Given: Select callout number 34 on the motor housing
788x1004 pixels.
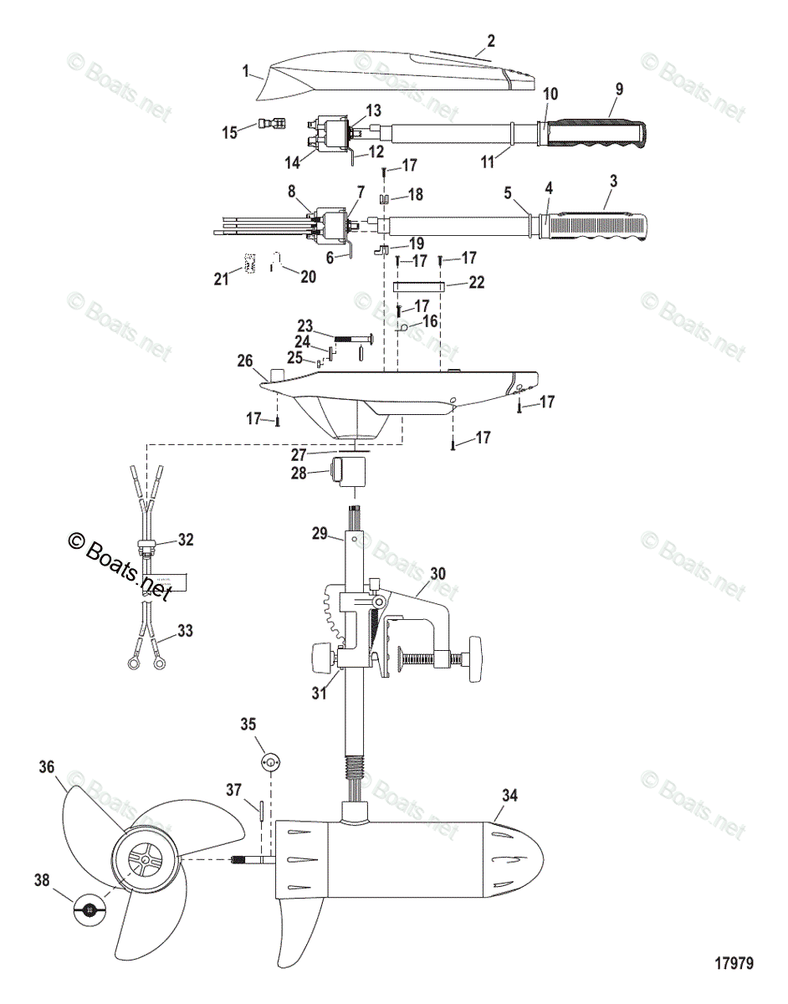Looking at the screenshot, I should click(509, 796).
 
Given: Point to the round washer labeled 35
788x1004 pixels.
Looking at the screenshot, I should click(270, 762).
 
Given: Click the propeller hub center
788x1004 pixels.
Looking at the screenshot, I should click(145, 859).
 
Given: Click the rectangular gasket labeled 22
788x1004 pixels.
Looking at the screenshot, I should click(417, 284).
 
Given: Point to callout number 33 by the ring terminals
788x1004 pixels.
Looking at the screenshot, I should click(185, 631).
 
